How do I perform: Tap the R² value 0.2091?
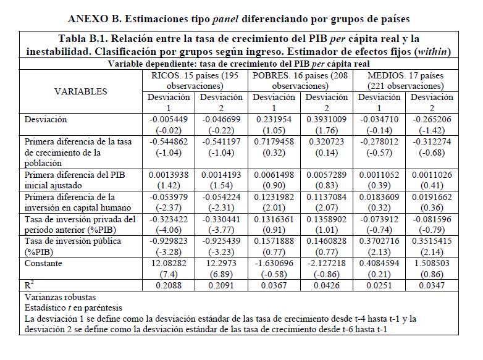tap(221, 287)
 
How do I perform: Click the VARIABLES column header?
tap(80, 91)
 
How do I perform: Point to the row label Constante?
tap(43, 263)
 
